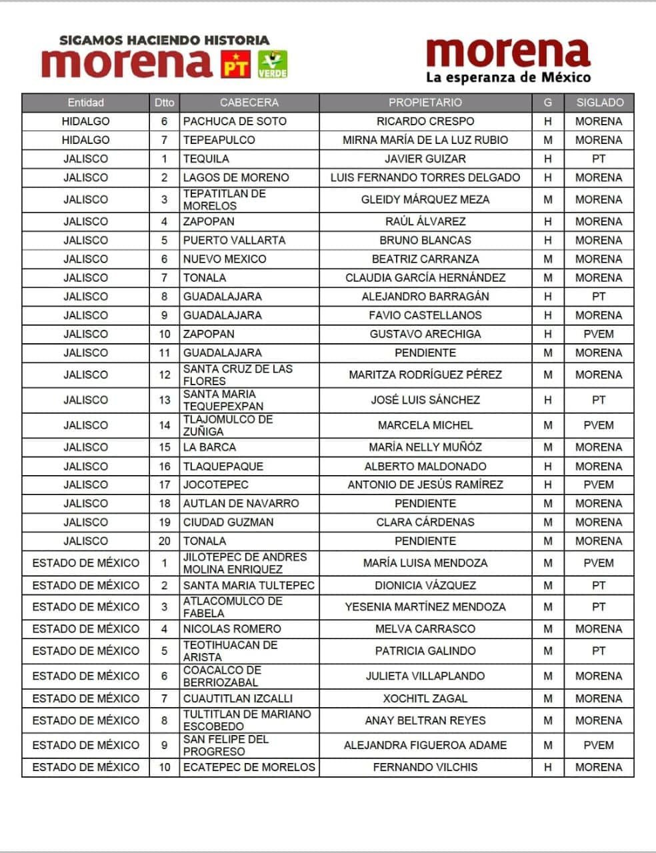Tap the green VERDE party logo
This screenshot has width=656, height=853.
click(272, 63)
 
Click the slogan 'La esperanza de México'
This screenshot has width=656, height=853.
click(508, 78)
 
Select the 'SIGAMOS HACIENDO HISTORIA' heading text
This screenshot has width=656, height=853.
click(164, 41)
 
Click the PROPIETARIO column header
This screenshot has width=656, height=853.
click(425, 103)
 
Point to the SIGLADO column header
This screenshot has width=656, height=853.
click(599, 103)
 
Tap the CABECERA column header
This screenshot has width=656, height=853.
click(249, 103)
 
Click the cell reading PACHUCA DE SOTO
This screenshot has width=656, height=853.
click(235, 121)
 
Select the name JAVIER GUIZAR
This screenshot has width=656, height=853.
click(425, 159)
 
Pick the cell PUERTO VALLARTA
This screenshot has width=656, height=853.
click(234, 240)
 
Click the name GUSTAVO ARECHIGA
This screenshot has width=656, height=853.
click(425, 334)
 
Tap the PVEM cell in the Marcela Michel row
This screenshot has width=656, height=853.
click(599, 425)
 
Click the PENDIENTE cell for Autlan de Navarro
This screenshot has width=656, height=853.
click(425, 503)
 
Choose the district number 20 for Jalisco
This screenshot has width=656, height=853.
click(165, 540)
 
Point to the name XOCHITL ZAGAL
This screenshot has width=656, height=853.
click(425, 698)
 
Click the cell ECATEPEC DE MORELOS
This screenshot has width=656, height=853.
click(249, 767)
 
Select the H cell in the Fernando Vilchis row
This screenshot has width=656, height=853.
click(548, 767)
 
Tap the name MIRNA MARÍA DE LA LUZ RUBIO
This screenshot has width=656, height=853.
click(425, 140)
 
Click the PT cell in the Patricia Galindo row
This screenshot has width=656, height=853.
click(599, 650)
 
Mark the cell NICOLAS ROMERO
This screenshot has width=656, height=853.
click(232, 628)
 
